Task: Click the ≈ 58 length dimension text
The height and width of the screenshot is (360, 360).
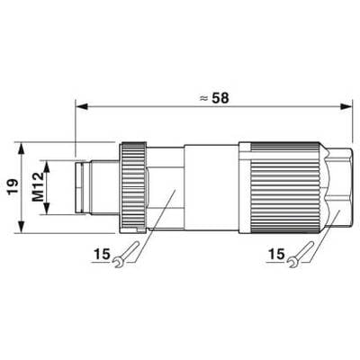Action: click(x=214, y=98)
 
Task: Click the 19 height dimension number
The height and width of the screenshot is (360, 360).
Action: click(x=13, y=187)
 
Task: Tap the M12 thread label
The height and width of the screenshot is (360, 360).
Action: click(x=38, y=187)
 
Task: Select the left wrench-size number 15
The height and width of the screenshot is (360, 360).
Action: click(x=102, y=255)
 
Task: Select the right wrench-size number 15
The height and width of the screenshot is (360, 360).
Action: click(x=276, y=255)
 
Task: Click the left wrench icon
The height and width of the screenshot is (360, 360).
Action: click(x=126, y=255)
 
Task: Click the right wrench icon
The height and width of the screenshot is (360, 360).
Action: click(x=301, y=255)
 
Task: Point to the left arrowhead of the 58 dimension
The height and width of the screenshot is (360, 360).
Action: click(x=82, y=106)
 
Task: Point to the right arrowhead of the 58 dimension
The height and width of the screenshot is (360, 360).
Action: click(x=346, y=106)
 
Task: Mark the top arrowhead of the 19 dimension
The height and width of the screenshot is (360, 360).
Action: click(x=22, y=148)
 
